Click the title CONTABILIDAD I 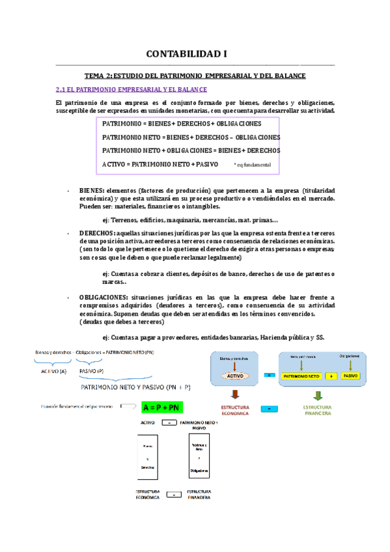point(195,54)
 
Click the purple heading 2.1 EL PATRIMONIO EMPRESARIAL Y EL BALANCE point(132,89)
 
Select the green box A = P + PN point(160,407)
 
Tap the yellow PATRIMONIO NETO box point(300,376)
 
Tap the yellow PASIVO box point(350,376)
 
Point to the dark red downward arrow point(236,396)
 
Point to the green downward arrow point(318,396)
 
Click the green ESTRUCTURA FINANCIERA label point(318,411)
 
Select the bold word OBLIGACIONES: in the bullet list point(102,296)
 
